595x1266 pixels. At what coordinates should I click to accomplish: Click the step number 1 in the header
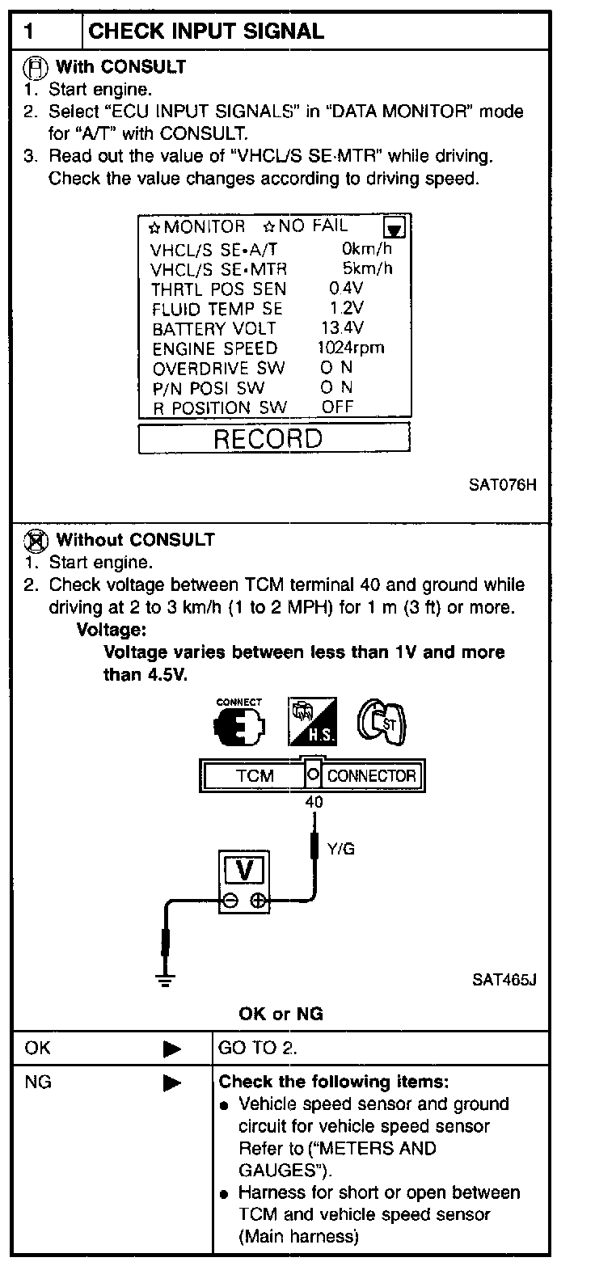click(30, 32)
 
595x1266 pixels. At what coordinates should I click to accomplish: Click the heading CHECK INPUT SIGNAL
click(205, 32)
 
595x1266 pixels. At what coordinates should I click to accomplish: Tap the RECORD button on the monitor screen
click(274, 439)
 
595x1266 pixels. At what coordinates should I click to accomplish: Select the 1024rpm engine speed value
click(350, 348)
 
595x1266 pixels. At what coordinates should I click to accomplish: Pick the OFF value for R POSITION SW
click(337, 407)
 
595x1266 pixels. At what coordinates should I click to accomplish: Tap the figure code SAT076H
click(502, 486)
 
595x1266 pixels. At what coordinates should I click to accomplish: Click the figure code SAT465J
click(504, 980)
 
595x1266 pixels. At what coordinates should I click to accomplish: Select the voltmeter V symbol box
click(247, 871)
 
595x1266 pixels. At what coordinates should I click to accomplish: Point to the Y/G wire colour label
click(340, 848)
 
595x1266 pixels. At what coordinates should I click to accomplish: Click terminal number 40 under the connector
click(314, 803)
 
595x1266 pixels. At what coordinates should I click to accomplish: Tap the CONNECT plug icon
click(239, 722)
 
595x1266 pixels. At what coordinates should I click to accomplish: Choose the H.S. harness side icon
click(313, 722)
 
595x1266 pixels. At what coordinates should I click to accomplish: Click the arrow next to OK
click(171, 1049)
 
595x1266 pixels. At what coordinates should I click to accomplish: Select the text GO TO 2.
click(258, 1049)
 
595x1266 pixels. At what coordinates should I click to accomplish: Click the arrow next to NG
click(171, 1082)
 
